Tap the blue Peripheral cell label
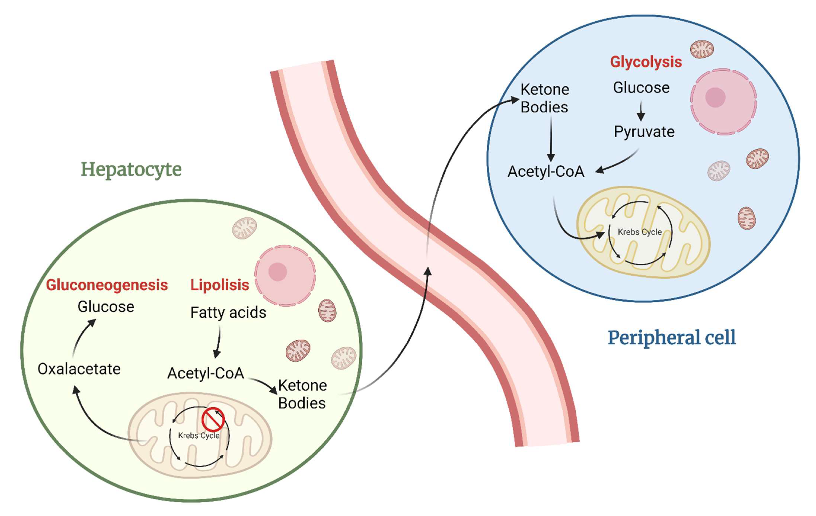672,338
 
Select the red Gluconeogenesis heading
107,285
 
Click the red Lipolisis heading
220,285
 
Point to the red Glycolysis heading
646,62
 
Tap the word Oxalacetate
79,369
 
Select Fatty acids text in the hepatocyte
228,312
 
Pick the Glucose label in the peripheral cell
641,88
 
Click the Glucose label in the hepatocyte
106,307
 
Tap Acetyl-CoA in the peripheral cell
546,171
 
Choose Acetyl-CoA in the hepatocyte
206,373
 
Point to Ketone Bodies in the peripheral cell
544,98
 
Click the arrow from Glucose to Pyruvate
641,111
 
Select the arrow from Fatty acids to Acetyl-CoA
218,342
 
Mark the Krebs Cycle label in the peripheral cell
639,232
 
